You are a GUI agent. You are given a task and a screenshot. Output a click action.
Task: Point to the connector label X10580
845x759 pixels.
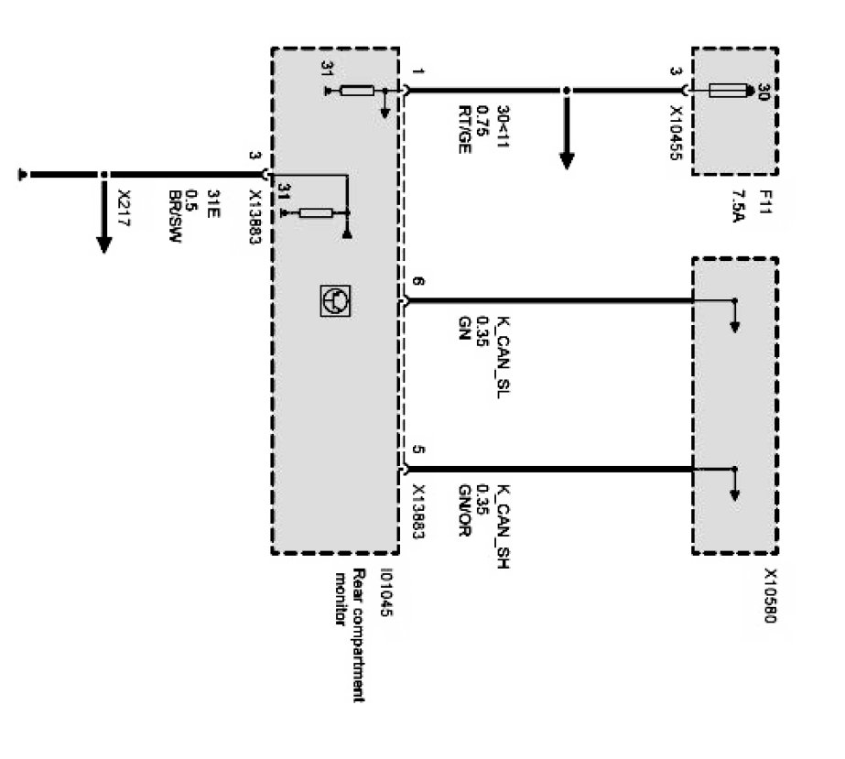coord(769,595)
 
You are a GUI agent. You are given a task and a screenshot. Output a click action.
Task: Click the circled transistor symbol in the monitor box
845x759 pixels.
coord(334,300)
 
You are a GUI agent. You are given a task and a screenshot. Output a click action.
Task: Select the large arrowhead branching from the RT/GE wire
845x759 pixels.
coord(567,158)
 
